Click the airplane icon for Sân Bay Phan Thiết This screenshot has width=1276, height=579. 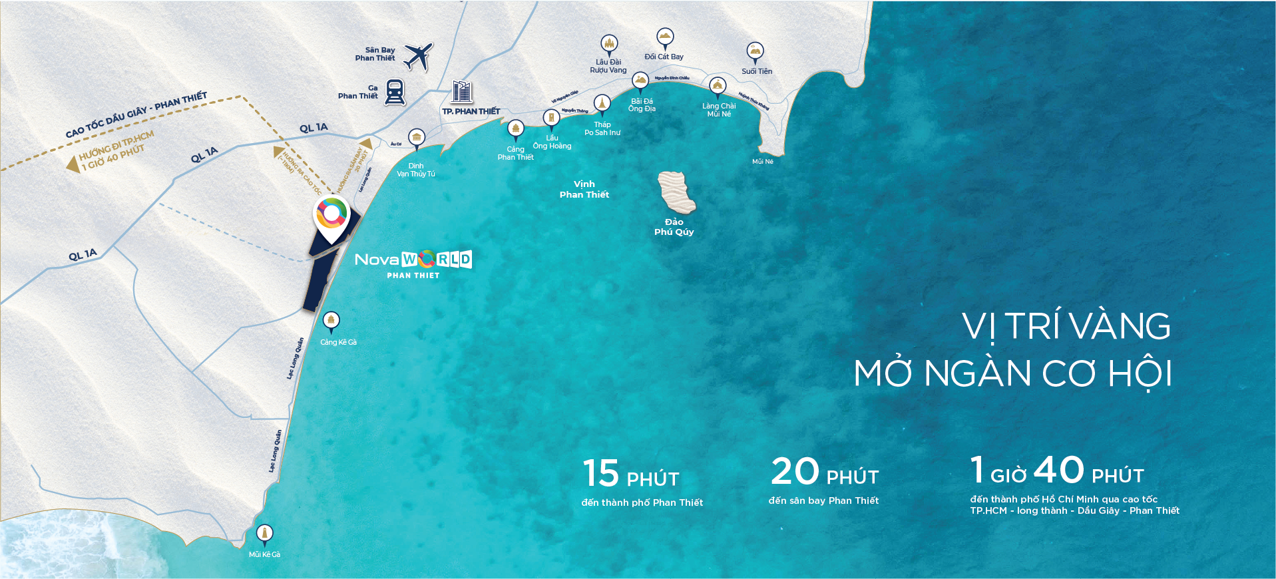[418, 57]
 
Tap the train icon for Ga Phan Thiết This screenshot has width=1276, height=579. [395, 92]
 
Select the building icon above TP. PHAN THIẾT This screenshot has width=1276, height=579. [461, 92]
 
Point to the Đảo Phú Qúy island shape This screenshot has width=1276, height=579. [676, 192]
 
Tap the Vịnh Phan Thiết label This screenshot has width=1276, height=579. [584, 189]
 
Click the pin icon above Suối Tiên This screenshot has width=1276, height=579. [755, 52]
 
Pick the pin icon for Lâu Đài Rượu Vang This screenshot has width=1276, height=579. [609, 45]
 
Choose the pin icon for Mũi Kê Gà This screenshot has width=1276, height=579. [264, 534]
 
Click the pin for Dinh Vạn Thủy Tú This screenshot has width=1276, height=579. [417, 138]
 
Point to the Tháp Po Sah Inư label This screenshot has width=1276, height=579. [602, 128]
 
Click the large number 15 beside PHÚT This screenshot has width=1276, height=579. [601, 473]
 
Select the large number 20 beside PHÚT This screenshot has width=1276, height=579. [795, 471]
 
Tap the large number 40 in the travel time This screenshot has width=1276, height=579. [1059, 470]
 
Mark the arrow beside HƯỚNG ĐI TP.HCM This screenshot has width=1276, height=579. [73, 164]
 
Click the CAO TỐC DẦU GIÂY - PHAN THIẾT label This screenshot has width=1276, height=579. [136, 114]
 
